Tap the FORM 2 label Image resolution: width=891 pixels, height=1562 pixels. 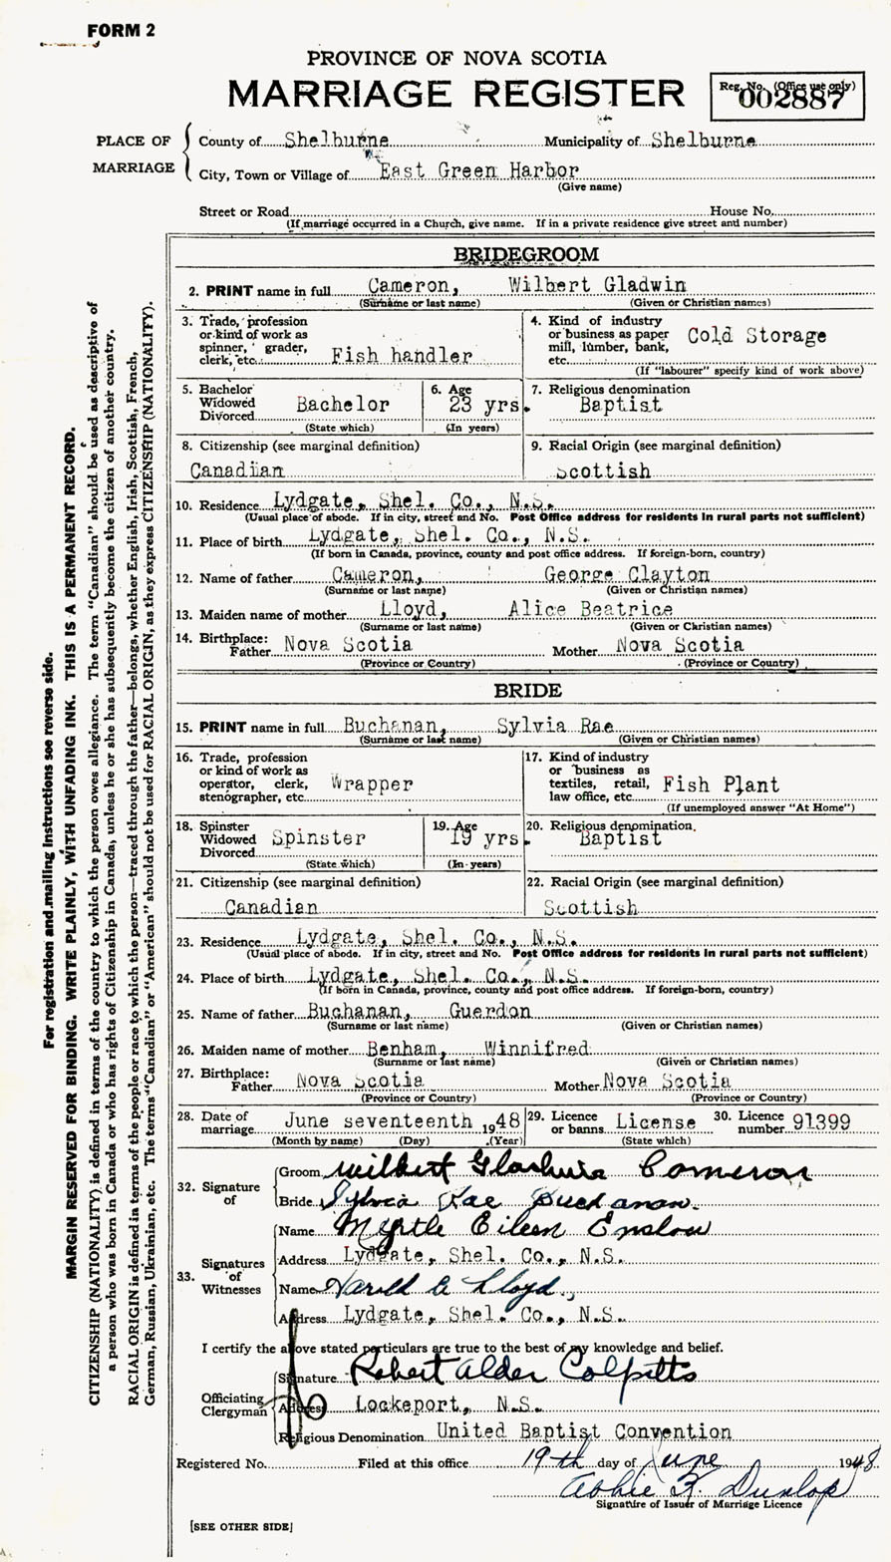coord(121,30)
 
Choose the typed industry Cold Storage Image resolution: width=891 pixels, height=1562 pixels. coord(756,336)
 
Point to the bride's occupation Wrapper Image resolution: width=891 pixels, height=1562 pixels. coord(372,784)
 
